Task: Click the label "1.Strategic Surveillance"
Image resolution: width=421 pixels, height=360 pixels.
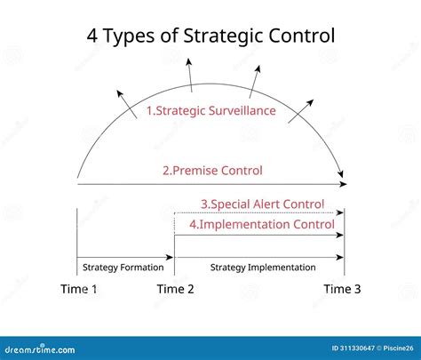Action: [x=210, y=112]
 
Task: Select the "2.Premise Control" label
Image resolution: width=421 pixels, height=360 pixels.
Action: [x=212, y=170]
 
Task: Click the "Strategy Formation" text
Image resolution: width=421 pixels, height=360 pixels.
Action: [x=123, y=267]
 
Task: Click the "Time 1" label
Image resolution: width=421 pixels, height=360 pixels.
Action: [x=79, y=290]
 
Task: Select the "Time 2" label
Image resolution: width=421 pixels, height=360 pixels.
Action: [x=176, y=290]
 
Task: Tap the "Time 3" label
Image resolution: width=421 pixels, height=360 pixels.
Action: [x=342, y=290]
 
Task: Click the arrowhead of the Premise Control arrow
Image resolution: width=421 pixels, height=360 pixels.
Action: [x=342, y=184]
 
